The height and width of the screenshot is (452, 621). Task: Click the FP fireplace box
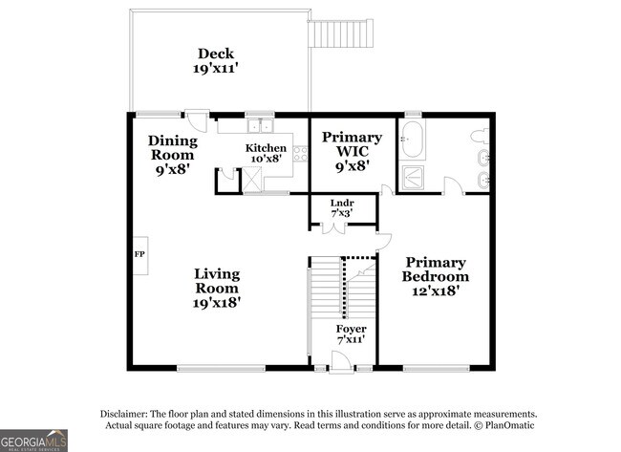139,255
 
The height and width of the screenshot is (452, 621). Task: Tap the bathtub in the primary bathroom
412,140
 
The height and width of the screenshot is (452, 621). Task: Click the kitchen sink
260,126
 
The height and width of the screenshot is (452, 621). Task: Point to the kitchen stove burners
301,154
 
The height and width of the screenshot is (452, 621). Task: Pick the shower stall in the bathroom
413,177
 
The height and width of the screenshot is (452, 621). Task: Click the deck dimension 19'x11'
215,68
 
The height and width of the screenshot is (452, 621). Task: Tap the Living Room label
217,281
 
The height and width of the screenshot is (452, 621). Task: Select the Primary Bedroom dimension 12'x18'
436,291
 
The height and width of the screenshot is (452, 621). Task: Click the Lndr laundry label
342,204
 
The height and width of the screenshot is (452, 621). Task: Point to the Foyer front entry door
341,363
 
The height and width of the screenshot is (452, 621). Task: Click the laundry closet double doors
334,228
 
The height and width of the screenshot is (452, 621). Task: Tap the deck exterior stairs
341,33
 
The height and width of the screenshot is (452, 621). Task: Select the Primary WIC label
353,144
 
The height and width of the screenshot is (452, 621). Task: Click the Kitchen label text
266,148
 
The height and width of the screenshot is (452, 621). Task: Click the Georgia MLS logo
33,441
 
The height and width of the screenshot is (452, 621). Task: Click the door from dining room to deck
197,120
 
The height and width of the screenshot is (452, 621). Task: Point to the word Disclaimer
124,415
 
